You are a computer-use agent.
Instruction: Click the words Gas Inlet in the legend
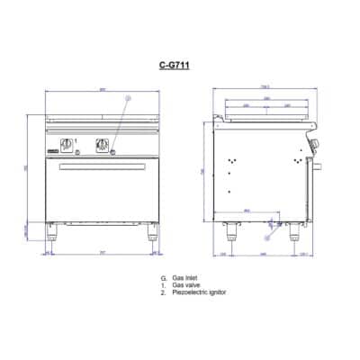[184, 280]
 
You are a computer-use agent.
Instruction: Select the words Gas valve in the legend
[185, 286]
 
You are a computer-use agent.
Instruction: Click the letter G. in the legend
[163, 280]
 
